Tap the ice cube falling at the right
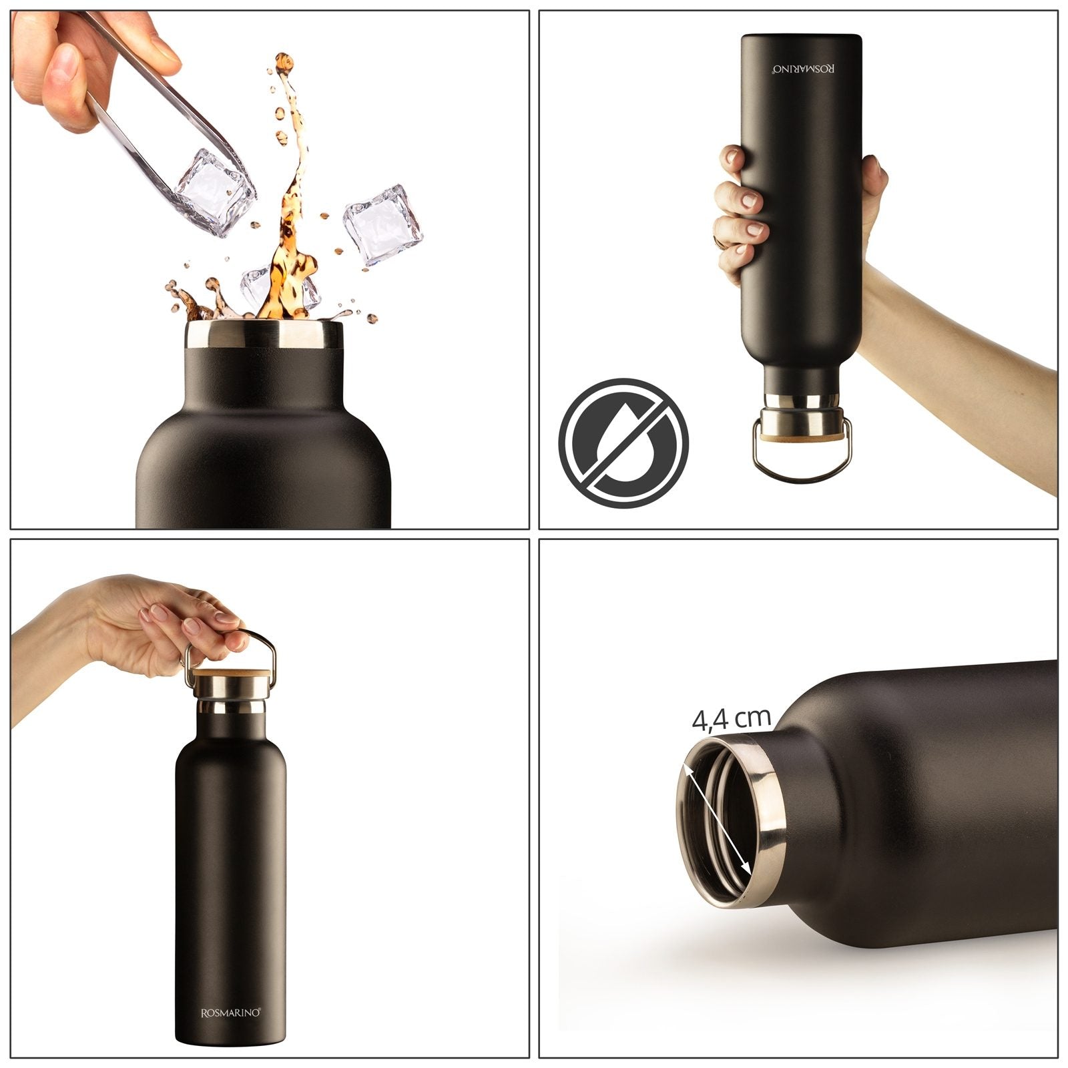[384, 225]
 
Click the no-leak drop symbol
[623, 443]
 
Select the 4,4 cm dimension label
[732, 719]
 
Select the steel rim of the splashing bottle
[265, 334]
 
